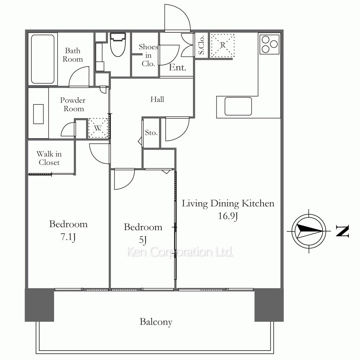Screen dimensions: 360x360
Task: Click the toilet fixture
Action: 118,45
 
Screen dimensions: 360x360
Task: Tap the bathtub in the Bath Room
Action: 43,59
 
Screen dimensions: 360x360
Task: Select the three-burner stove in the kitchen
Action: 269,44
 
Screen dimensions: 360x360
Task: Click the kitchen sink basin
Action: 238,106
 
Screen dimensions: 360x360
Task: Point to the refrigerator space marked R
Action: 222,45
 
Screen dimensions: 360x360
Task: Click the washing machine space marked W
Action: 98,128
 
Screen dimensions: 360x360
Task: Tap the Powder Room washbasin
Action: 39,114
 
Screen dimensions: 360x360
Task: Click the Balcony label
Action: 156,322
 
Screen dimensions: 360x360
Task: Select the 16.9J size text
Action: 228,216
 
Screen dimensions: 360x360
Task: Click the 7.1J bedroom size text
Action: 68,237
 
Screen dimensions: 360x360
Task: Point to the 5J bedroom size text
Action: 143,240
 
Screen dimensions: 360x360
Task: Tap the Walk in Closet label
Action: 49,158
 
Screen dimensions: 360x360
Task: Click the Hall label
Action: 157,99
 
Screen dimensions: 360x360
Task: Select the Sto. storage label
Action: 151,132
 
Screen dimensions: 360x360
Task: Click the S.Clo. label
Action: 201,45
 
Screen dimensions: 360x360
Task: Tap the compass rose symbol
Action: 309,231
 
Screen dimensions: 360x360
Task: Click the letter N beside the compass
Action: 342,231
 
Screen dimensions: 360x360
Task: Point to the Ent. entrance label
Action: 177,67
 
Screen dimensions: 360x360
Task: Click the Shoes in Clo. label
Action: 148,55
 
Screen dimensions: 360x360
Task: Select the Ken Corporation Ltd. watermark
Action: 180,252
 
